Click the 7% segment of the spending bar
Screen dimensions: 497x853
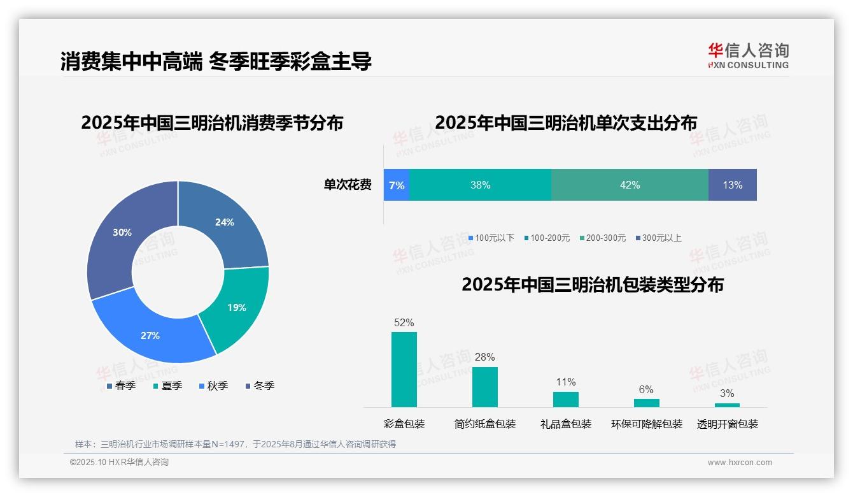pyautogui.click(x=397, y=185)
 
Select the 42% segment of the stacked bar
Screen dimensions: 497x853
pyautogui.click(x=630, y=185)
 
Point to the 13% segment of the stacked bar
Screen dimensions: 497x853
pyautogui.click(x=732, y=185)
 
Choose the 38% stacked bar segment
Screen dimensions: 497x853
pyautogui.click(x=480, y=185)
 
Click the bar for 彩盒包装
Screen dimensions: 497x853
pyautogui.click(x=404, y=370)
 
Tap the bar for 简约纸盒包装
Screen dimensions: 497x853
pyautogui.click(x=484, y=387)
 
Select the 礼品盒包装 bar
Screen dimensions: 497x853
pyautogui.click(x=565, y=400)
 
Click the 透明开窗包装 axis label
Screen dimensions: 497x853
pyautogui.click(x=728, y=424)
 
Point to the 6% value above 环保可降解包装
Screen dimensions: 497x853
pyautogui.click(x=646, y=390)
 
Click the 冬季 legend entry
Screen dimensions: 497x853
pyautogui.click(x=260, y=385)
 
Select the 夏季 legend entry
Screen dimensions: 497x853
pyautogui.click(x=167, y=385)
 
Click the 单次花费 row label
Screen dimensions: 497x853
pyautogui.click(x=348, y=185)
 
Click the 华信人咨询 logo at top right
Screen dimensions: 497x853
pyautogui.click(x=748, y=55)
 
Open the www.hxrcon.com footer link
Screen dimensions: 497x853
pyautogui.click(x=739, y=463)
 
